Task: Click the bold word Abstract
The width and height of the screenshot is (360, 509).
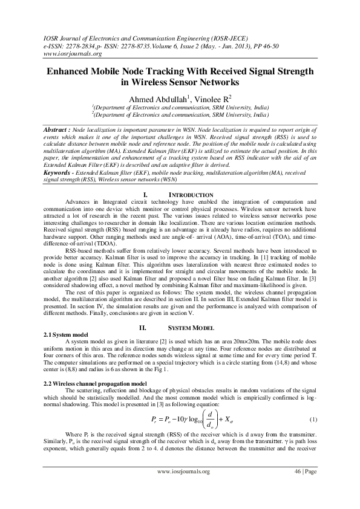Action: tap(56, 130)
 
